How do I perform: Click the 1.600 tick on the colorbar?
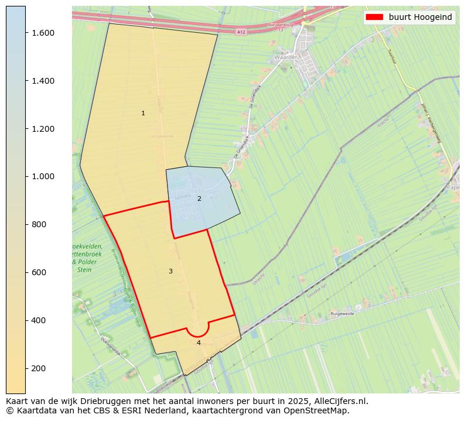coord(43,33)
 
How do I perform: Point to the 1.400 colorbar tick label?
coord(43,81)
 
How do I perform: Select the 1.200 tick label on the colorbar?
coord(43,129)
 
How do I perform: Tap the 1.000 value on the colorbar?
coord(43,176)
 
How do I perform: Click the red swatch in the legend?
coord(374,17)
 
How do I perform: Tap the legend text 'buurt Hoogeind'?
coord(420,17)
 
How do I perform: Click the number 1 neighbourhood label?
coord(143,113)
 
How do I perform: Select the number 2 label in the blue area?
coord(199,198)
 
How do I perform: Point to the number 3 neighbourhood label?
coord(170,271)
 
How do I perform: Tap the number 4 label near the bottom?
coord(199,343)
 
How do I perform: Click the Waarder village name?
coord(285,58)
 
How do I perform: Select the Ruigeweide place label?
coord(343,314)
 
